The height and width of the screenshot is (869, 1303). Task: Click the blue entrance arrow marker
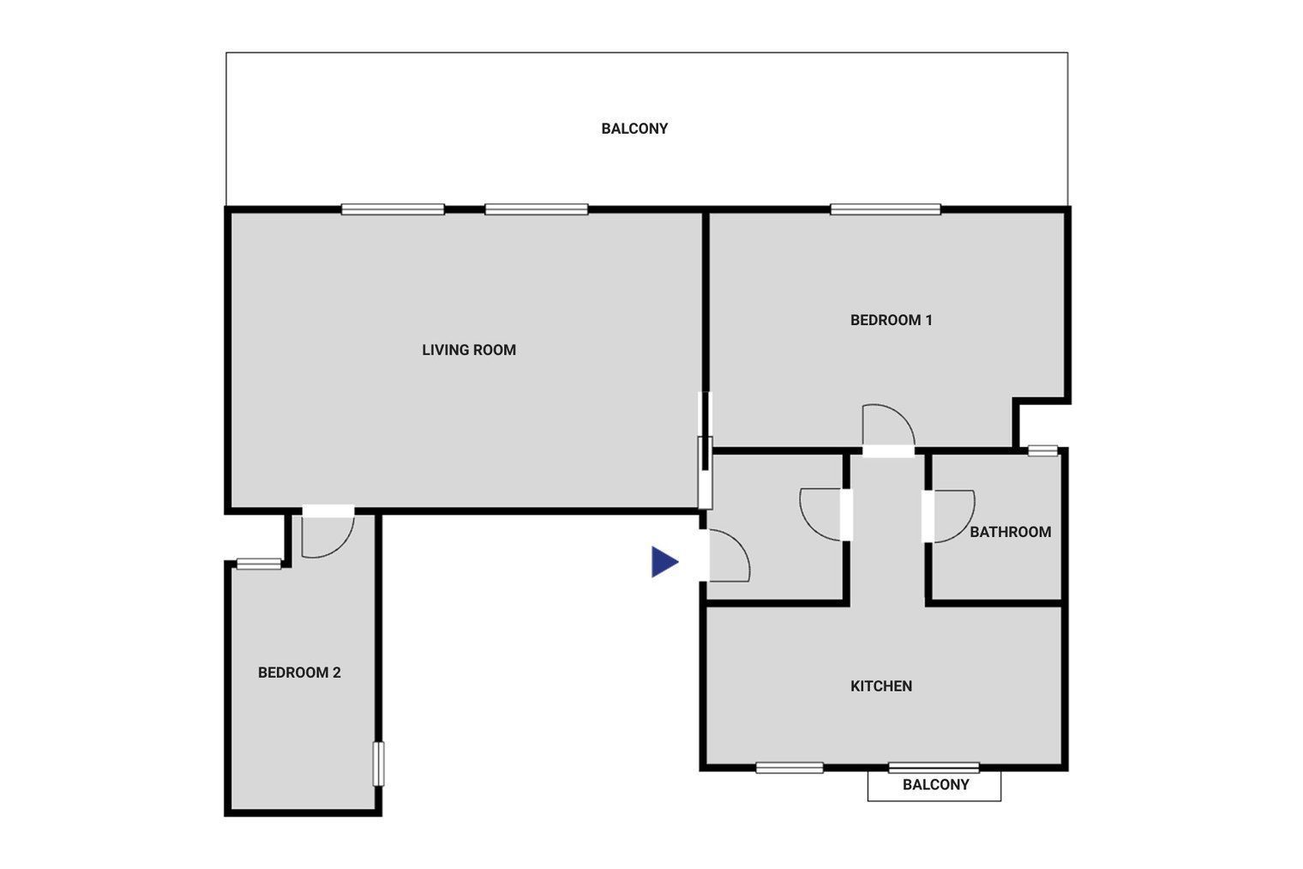click(664, 562)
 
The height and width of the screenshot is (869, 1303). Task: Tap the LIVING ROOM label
click(469, 350)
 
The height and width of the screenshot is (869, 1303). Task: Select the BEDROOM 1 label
click(892, 320)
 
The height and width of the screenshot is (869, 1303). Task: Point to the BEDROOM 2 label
click(299, 673)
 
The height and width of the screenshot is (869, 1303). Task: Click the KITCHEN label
click(881, 686)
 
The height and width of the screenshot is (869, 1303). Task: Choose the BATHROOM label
click(1011, 532)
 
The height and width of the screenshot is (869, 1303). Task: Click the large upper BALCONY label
click(634, 129)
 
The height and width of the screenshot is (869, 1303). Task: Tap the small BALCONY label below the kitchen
click(935, 785)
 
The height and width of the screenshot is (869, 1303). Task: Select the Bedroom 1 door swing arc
click(901, 414)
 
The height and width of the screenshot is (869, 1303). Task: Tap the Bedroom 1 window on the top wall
click(886, 209)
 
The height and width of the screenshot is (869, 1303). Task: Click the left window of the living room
click(393, 209)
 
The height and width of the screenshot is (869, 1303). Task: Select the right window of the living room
click(537, 209)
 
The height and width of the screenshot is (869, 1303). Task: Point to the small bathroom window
click(1042, 450)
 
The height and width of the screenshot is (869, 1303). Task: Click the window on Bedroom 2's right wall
click(379, 763)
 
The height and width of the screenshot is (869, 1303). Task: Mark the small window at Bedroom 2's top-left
click(259, 564)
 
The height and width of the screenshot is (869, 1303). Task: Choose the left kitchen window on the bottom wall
click(790, 768)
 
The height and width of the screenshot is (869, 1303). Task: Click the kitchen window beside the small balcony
click(934, 768)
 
